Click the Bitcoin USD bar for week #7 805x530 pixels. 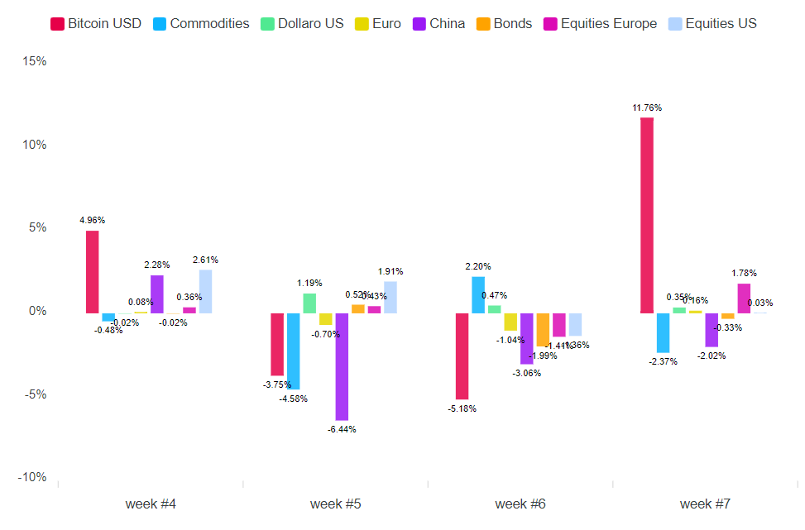(x=647, y=215)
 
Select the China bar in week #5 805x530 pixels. (x=342, y=366)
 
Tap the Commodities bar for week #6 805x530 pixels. (x=478, y=294)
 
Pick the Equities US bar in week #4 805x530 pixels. (x=205, y=291)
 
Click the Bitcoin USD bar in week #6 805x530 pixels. (x=462, y=356)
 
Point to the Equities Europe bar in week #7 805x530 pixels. (x=744, y=298)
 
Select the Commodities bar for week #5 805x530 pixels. (x=293, y=351)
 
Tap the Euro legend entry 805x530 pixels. (x=378, y=23)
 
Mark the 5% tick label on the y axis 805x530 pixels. (x=36, y=227)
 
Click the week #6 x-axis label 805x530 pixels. (x=520, y=504)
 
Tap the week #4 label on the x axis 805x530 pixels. (x=150, y=504)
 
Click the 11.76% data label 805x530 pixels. (x=647, y=107)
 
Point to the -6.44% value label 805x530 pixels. (x=341, y=429)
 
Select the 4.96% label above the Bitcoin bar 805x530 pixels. (x=92, y=220)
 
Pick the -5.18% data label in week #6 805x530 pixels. (x=462, y=408)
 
